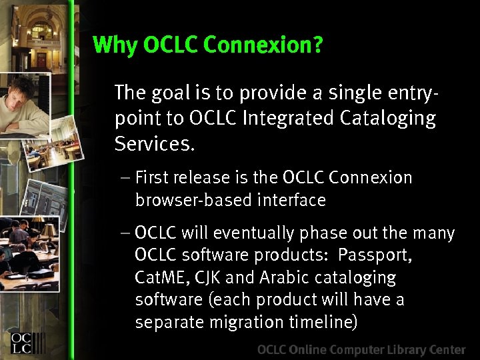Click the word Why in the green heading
(115, 45)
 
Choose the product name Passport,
(375, 255)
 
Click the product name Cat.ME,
(163, 278)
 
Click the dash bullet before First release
(127, 178)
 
